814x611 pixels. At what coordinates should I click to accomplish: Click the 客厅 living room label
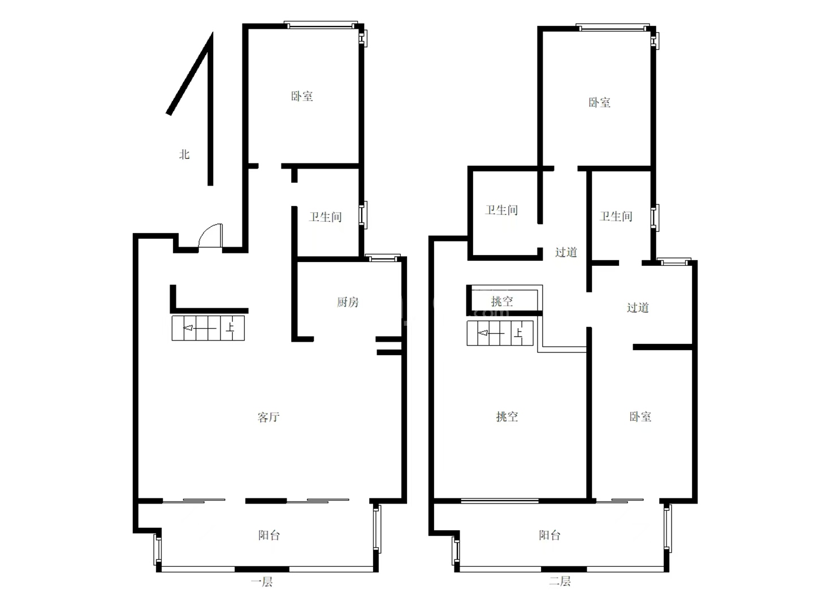tap(269, 417)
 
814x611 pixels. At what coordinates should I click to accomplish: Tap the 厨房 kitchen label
tap(348, 302)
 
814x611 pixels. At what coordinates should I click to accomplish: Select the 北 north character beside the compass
tap(184, 154)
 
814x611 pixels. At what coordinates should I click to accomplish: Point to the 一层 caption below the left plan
tap(262, 582)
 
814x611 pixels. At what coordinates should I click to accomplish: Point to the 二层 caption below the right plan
tap(560, 581)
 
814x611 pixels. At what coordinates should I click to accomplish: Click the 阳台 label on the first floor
tap(269, 535)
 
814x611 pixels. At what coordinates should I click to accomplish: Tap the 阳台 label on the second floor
tap(549, 535)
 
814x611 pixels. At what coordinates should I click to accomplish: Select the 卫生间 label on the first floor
tap(325, 217)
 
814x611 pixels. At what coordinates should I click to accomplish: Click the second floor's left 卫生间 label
tap(501, 210)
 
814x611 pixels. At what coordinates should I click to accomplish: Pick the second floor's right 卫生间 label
tap(616, 216)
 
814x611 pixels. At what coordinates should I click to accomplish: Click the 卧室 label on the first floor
tap(302, 96)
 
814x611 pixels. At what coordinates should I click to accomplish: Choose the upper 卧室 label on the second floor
tap(599, 102)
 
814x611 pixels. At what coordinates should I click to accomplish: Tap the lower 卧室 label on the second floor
tap(640, 416)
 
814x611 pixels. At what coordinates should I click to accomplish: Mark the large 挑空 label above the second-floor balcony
tap(506, 416)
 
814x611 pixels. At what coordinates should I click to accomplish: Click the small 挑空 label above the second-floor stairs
tap(502, 301)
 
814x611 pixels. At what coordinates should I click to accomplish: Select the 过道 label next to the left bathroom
tap(566, 252)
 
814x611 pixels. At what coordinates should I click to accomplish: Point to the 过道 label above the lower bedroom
tap(638, 308)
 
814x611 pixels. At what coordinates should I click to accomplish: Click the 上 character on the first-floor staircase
tap(230, 328)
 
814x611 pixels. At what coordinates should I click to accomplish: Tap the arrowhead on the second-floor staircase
tap(483, 333)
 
